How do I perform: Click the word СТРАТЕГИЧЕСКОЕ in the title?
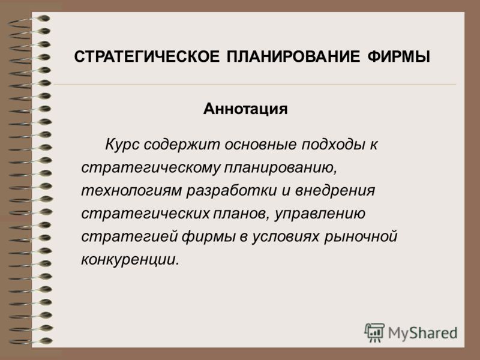point(146,56)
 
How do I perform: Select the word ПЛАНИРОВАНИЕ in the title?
point(293,56)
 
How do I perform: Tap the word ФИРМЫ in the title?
point(398,56)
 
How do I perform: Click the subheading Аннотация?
point(245,109)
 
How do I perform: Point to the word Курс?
point(122,145)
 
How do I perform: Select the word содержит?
point(182,145)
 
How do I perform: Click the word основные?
point(260,144)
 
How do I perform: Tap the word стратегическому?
point(151,168)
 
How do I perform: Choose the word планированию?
point(280,168)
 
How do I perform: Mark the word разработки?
point(232,191)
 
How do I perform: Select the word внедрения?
point(335,190)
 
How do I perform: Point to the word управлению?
point(320,214)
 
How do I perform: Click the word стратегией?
point(130,236)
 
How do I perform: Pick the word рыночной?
point(361,237)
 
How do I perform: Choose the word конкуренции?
point(130,260)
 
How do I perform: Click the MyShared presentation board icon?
point(374,332)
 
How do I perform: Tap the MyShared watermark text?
point(423,333)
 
